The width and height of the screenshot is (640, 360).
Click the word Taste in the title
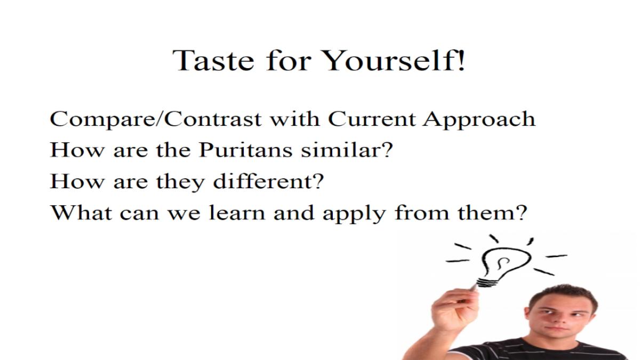[213, 60]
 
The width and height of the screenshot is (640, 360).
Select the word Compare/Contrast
[156, 119]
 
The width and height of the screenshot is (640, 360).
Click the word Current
[372, 119]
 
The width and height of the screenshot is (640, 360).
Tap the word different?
[269, 181]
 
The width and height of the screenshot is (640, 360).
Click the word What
[81, 212]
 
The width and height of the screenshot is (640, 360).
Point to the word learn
[237, 212]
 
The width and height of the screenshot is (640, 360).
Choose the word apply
[354, 214]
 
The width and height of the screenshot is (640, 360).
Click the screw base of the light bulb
[487, 282]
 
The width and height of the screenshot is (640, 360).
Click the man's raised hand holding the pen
[454, 309]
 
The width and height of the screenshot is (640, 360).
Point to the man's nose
[561, 320]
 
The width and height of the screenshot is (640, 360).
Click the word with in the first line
[295, 119]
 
